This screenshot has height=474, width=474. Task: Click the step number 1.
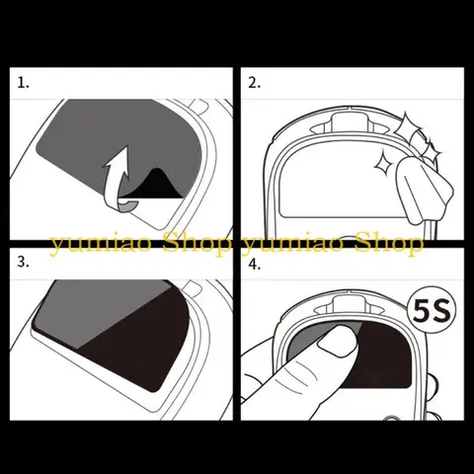(24, 83)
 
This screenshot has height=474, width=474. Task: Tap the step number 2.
(254, 83)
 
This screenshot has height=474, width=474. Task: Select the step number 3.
(24, 264)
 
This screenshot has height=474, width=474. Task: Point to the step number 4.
(255, 265)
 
